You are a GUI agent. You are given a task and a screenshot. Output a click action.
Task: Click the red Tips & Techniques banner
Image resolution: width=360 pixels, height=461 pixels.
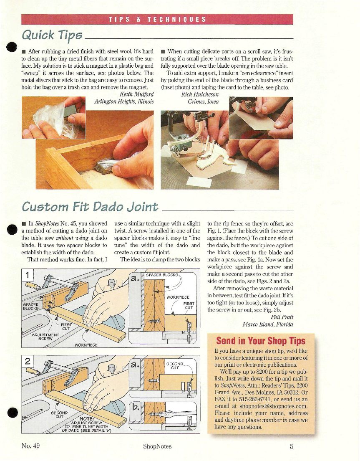(157, 19)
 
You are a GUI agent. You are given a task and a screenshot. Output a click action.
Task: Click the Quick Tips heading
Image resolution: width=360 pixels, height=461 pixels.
(52, 35)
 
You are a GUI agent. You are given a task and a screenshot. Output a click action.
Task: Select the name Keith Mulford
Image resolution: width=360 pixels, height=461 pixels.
(136, 94)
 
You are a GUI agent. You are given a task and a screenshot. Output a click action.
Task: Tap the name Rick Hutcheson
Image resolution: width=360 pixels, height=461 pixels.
(200, 94)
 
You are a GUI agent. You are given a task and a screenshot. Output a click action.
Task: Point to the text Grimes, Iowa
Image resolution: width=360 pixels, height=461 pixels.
(203, 101)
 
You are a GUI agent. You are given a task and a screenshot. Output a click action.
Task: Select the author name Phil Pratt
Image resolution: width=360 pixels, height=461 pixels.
(282, 317)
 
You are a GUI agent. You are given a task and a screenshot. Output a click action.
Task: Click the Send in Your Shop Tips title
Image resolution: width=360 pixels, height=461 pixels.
(261, 341)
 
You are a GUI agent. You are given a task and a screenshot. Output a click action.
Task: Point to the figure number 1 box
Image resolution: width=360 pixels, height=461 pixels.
(28, 275)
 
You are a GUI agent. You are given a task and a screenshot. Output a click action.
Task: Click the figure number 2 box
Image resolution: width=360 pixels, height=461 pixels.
(28, 361)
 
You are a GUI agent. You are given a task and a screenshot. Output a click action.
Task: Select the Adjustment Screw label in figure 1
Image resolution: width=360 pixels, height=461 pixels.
(45, 337)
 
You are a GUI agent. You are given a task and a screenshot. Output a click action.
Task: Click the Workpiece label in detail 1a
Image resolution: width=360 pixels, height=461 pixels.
(178, 297)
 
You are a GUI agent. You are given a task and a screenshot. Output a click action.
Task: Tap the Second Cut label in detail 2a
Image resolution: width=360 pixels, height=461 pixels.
(175, 366)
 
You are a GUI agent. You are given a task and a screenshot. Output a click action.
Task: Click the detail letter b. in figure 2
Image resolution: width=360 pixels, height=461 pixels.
(136, 408)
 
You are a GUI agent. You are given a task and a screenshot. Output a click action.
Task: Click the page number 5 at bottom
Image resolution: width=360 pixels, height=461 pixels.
(292, 446)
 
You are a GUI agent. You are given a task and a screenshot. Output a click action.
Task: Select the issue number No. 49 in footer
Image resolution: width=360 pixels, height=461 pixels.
(30, 446)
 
